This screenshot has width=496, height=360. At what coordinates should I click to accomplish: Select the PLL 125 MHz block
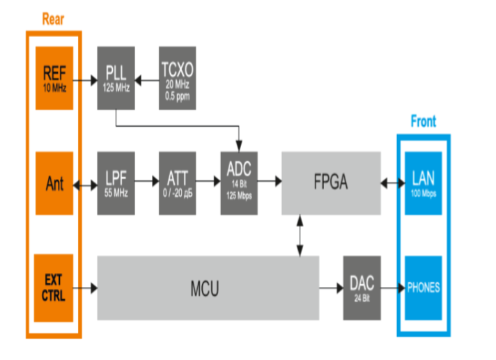[115, 79]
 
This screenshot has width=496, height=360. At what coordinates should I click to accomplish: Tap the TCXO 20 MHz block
[177, 79]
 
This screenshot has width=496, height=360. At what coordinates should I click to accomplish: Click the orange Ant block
[54, 183]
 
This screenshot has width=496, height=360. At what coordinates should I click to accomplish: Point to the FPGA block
[331, 182]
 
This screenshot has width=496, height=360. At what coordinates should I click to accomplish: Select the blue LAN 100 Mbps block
[423, 182]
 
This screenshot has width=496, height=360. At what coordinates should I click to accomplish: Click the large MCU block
[207, 288]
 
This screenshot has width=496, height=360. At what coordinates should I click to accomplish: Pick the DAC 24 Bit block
[362, 288]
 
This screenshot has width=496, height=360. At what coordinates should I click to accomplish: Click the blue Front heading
[423, 121]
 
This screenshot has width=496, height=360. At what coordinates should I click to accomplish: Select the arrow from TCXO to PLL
[146, 80]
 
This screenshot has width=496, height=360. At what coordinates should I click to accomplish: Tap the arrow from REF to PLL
[85, 80]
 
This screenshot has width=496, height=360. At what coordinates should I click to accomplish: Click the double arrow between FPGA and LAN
[392, 183]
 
